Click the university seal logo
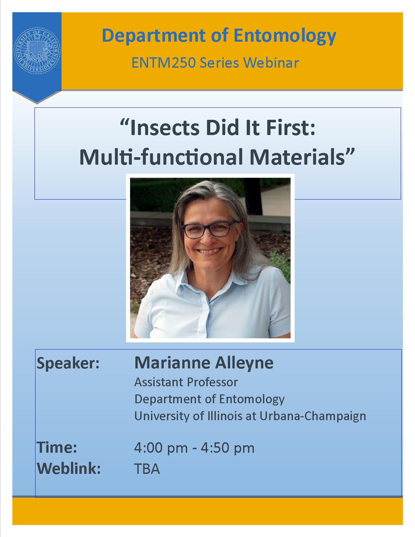37,51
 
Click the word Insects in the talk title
165,128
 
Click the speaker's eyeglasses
210,229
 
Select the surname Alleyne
244,363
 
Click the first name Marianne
172,363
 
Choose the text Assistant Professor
186,382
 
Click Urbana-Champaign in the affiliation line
313,416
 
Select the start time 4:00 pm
161,448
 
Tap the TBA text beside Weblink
147,469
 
